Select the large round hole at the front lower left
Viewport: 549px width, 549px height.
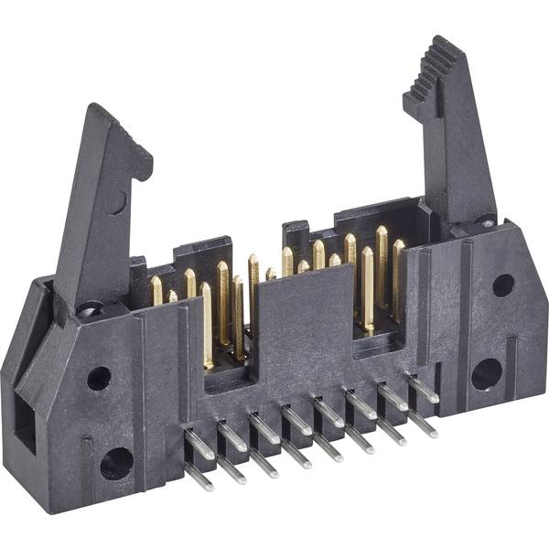point(116,464)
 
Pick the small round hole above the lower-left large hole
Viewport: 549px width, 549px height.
point(99,378)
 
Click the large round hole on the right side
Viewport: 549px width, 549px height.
point(487,373)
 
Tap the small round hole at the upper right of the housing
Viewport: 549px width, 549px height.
point(502,285)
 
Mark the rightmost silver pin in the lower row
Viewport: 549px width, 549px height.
point(422,425)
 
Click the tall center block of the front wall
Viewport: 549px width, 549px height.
point(303,329)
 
